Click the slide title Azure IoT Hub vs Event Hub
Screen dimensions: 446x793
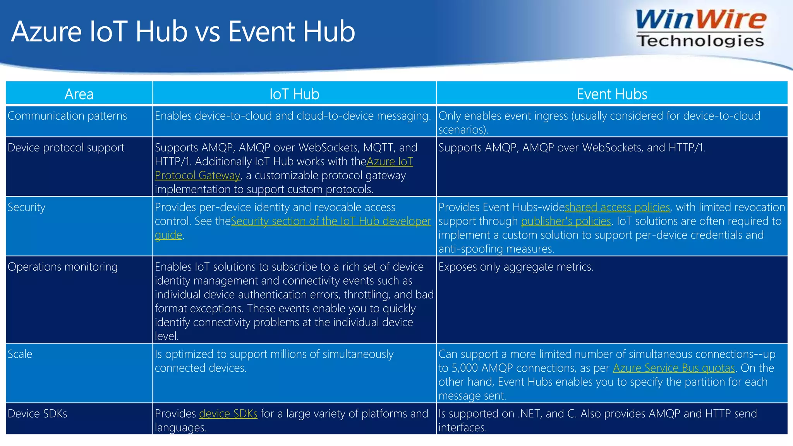(183, 32)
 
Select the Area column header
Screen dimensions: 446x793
(79, 94)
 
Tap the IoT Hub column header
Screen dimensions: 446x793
(294, 94)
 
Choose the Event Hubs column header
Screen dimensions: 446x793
(612, 94)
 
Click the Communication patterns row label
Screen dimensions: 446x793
(67, 116)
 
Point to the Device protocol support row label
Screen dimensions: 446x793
(66, 148)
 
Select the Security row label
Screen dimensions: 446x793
(26, 207)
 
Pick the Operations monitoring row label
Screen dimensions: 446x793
(62, 267)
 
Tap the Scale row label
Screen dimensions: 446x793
(20, 354)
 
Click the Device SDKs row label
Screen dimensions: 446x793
(37, 413)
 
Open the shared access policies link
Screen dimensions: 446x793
(617, 207)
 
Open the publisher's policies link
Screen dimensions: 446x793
(566, 221)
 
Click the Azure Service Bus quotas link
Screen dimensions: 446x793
(674, 368)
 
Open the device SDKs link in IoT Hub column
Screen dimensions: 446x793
(228, 413)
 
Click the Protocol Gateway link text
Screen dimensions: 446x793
(197, 175)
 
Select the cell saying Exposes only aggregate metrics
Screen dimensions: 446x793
(516, 267)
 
